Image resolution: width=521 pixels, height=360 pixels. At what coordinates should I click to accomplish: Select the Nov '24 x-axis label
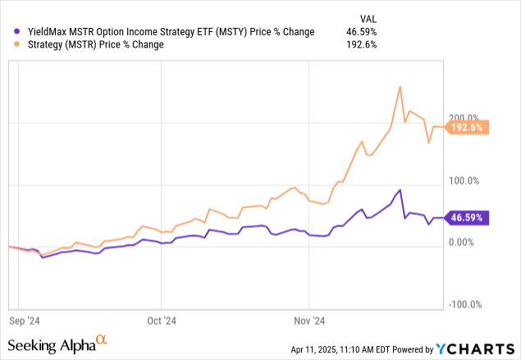pos(308,321)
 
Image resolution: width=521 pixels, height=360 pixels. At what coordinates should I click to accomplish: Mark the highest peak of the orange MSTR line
pos(399,86)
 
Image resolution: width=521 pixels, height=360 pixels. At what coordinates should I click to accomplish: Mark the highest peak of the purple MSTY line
pos(400,190)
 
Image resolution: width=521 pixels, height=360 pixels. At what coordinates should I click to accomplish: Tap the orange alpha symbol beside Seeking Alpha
pos(101,339)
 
